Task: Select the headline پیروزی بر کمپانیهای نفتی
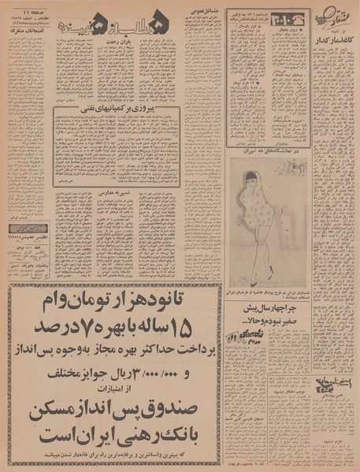115,113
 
